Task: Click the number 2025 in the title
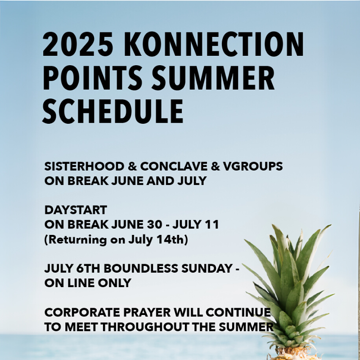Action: pos(78,44)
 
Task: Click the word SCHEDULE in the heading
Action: pos(113,112)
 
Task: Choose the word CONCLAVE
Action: pos(174,166)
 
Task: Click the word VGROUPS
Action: pos(253,166)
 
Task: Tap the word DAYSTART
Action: pos(76,210)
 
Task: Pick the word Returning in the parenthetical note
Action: pos(77,240)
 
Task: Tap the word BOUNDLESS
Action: pos(141,268)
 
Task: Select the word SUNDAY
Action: pos(207,268)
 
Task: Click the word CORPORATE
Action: pos(82,312)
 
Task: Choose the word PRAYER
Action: pos(147,312)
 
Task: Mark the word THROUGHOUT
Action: pos(145,327)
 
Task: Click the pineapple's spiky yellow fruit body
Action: pos(293,354)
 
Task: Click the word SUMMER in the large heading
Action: pos(213,78)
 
